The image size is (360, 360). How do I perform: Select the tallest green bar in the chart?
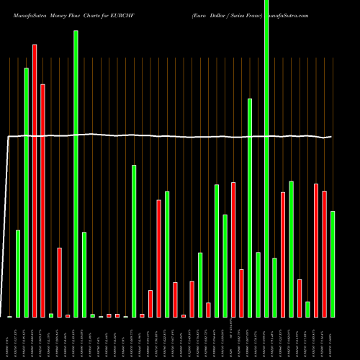(266, 158)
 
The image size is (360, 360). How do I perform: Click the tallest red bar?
(35, 180)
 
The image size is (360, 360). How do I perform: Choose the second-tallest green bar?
(76, 173)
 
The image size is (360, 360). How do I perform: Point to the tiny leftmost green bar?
(9, 316)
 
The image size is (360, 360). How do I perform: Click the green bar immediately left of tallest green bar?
(258, 284)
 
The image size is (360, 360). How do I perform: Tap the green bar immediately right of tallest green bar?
(274, 287)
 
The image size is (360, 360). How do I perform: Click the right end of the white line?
(332, 136)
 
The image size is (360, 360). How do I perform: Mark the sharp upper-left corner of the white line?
(9, 136)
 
